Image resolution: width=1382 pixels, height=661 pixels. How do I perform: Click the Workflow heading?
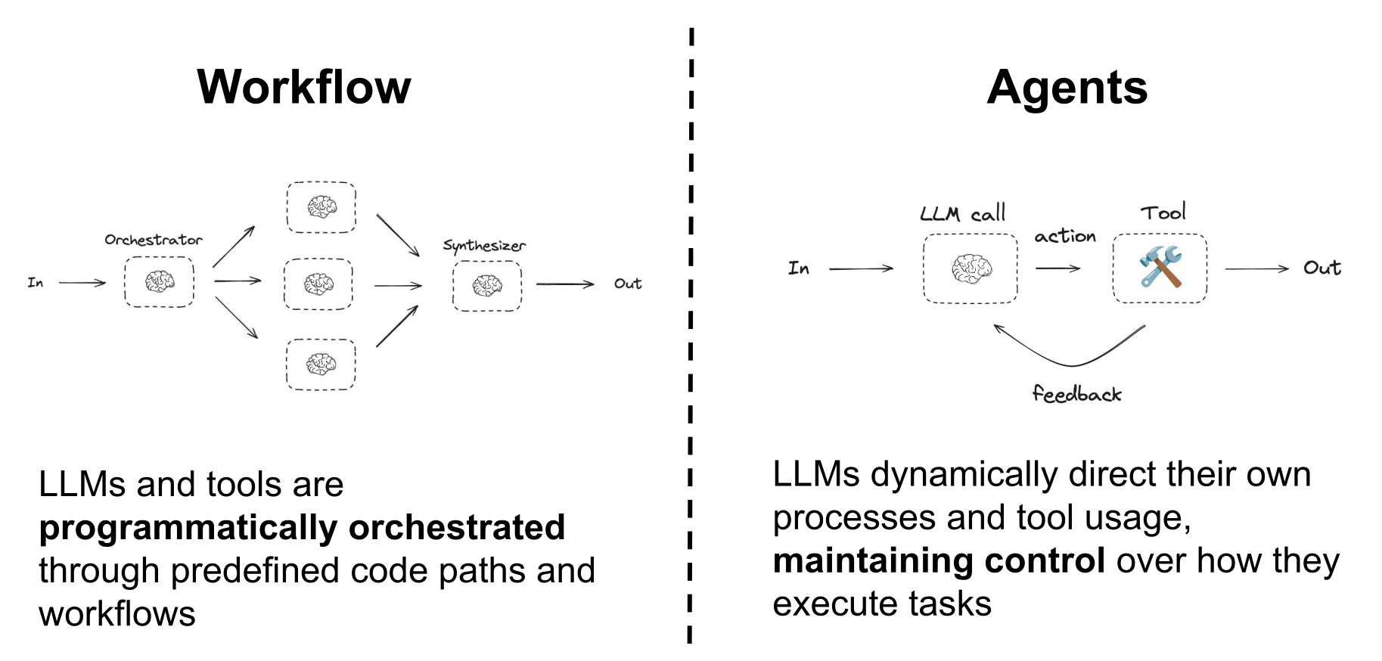pyautogui.click(x=303, y=87)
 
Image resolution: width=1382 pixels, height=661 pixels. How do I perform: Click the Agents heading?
pyautogui.click(x=1067, y=87)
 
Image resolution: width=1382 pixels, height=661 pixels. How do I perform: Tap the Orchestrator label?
pyautogui.click(x=154, y=240)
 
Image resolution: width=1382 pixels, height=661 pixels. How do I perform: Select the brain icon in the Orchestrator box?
pyautogui.click(x=159, y=281)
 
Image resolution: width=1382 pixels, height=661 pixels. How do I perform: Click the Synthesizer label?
pyautogui.click(x=484, y=246)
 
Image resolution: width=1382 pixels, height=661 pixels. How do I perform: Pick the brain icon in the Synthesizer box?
pyautogui.click(x=487, y=286)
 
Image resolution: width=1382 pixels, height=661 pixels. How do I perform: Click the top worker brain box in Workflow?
pyautogui.click(x=321, y=206)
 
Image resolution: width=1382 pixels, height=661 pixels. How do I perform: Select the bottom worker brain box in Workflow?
pyautogui.click(x=321, y=365)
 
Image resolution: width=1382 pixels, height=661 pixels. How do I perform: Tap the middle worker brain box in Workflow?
pyautogui.click(x=318, y=284)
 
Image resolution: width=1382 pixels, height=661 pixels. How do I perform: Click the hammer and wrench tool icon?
pyautogui.click(x=1160, y=268)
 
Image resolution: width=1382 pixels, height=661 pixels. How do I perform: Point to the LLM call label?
pyautogui.click(x=963, y=213)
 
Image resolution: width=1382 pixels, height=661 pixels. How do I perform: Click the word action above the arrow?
pyautogui.click(x=1065, y=237)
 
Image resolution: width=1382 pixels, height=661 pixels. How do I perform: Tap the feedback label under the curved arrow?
pyautogui.click(x=1076, y=394)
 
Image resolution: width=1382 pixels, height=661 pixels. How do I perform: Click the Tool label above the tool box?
pyautogui.click(x=1163, y=213)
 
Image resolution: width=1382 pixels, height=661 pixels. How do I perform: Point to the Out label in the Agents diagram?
pyautogui.click(x=1321, y=268)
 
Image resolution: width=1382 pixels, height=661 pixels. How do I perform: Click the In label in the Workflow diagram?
pyautogui.click(x=36, y=283)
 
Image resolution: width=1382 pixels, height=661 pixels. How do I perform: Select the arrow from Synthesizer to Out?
pyautogui.click(x=565, y=284)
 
